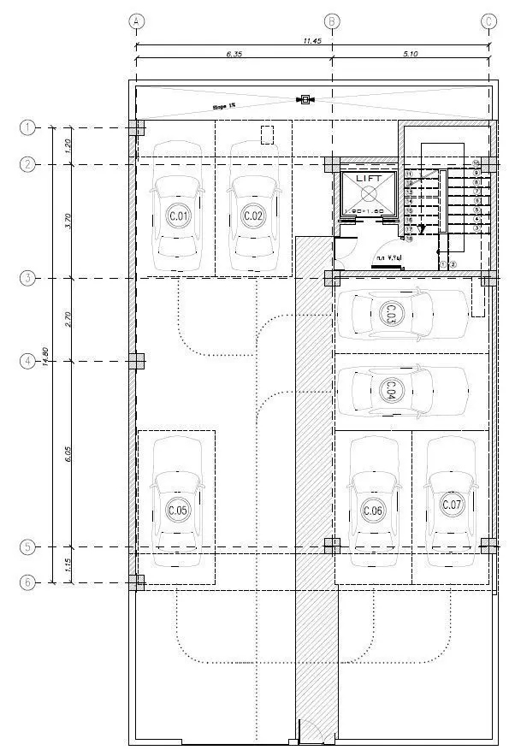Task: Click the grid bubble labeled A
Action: [136, 21]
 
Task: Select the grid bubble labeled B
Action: [333, 21]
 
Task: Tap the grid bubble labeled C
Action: [489, 21]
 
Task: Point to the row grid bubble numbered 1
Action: [28, 128]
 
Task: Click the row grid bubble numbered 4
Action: [28, 361]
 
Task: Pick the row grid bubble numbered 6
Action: [28, 582]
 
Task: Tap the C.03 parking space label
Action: [390, 314]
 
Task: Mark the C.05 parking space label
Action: [178, 511]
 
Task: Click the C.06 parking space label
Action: [373, 511]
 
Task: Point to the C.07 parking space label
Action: [452, 505]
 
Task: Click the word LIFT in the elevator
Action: [369, 177]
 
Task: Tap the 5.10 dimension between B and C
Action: [410, 55]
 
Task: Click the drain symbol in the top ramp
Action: [304, 100]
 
